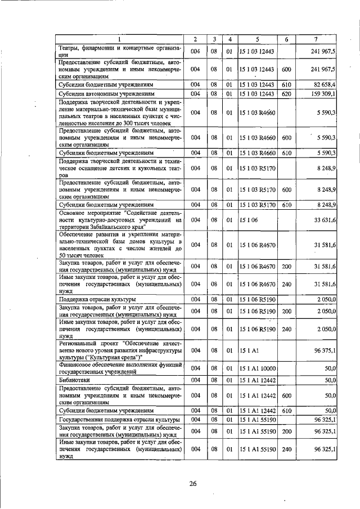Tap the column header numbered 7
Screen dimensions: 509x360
(317, 39)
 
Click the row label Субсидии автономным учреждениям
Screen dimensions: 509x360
(106, 93)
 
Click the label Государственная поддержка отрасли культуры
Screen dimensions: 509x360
(118, 419)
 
